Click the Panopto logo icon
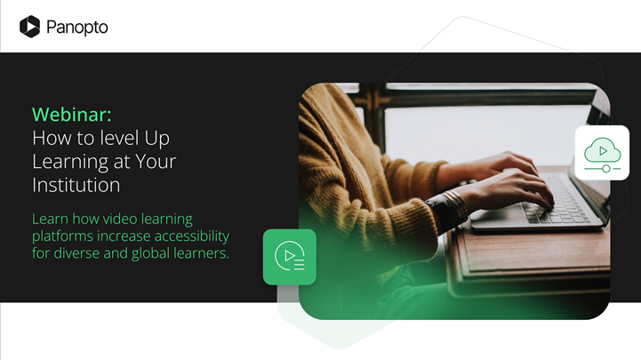pyautogui.click(x=29, y=27)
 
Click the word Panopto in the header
pyautogui.click(x=77, y=27)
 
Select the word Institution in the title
pyautogui.click(x=76, y=185)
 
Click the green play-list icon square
pyautogui.click(x=290, y=257)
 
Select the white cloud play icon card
pyautogui.click(x=602, y=153)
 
